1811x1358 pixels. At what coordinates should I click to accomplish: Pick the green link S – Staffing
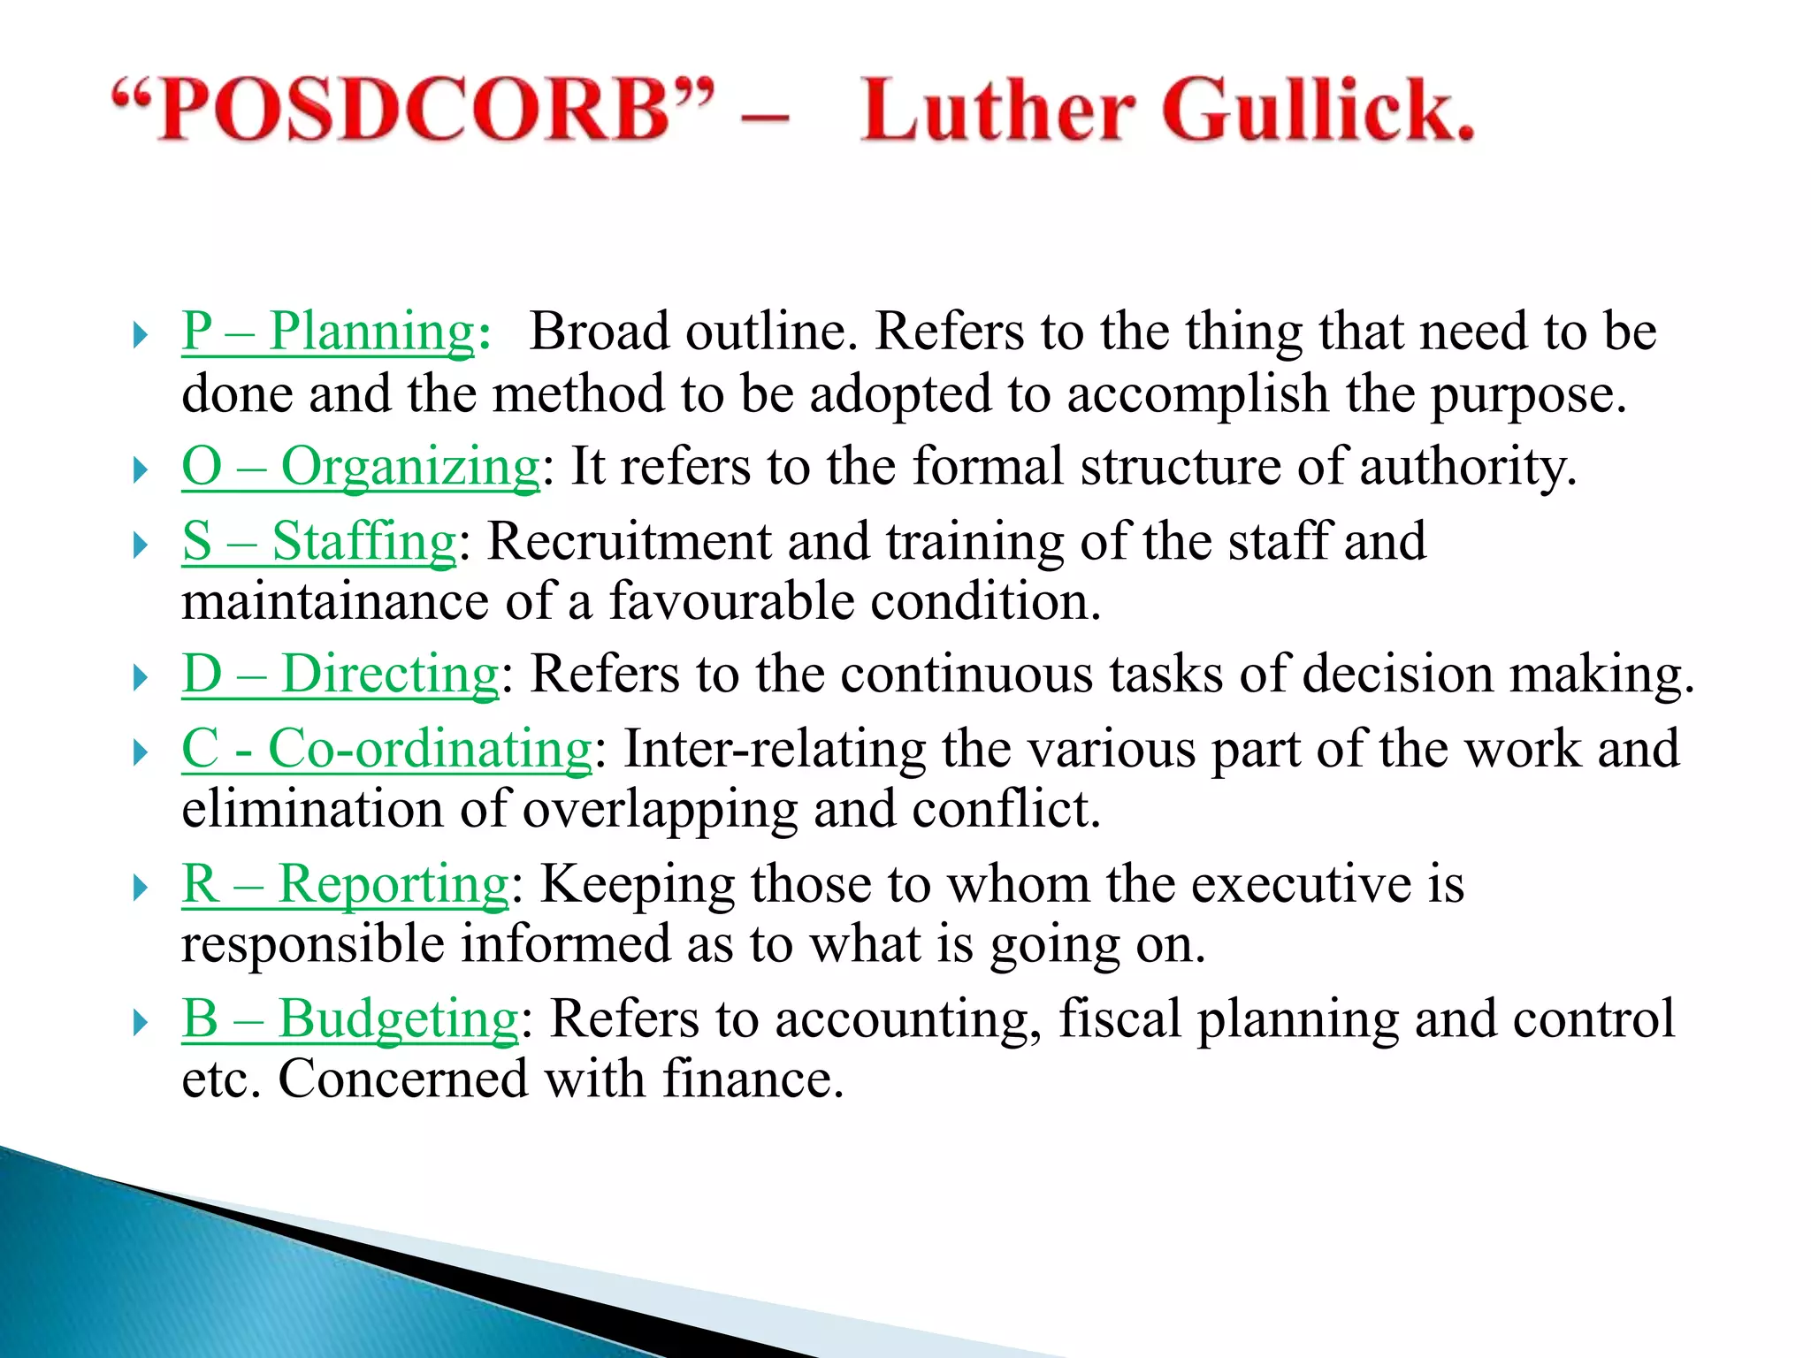pyautogui.click(x=319, y=541)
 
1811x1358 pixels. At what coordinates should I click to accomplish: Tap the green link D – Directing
pyautogui.click(x=340, y=675)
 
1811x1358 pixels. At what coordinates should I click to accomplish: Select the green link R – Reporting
pyautogui.click(x=345, y=884)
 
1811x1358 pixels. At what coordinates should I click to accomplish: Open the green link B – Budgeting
pyautogui.click(x=350, y=1018)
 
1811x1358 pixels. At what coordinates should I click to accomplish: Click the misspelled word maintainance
pyautogui.click(x=335, y=602)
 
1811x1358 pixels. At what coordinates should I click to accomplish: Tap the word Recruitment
pyautogui.click(x=629, y=541)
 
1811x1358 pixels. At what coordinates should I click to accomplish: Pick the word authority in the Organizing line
pyautogui.click(x=1468, y=467)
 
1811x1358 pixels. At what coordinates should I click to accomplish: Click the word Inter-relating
pyautogui.click(x=774, y=750)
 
